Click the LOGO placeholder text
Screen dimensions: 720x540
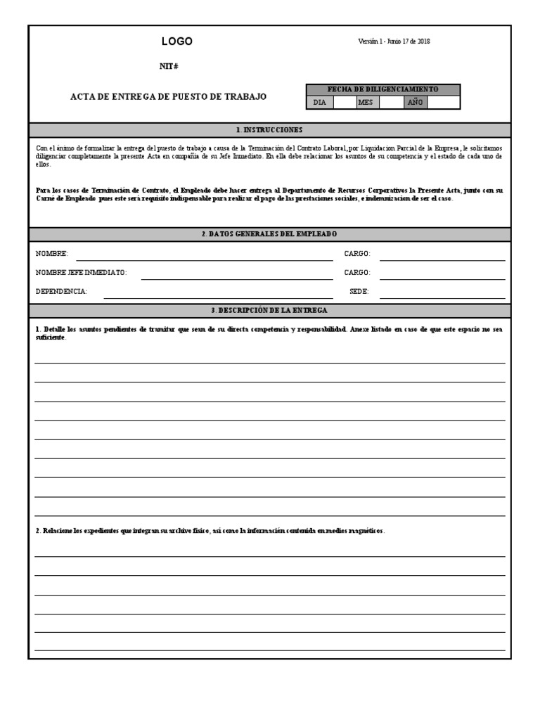coord(176,41)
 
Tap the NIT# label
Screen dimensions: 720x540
coord(169,66)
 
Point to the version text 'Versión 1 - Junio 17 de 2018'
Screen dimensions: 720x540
coord(394,41)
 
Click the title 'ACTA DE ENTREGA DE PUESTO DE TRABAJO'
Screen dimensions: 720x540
coord(168,96)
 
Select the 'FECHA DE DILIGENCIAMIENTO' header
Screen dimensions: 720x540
coord(382,89)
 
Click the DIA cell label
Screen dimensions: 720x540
coord(320,102)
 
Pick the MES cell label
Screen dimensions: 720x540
coord(366,102)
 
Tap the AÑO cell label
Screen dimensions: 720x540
coord(415,102)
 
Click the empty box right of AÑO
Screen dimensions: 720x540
coord(443,102)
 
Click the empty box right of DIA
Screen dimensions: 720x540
coord(344,102)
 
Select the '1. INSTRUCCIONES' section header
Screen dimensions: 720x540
coord(269,130)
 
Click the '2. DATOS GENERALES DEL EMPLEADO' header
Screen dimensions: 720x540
coord(269,234)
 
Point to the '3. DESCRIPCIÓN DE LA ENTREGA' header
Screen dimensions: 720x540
coord(269,310)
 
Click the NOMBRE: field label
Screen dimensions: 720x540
coord(52,254)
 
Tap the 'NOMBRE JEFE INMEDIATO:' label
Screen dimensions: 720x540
coord(81,273)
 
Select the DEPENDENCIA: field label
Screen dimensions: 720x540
coord(61,291)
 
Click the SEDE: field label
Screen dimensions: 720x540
coord(359,291)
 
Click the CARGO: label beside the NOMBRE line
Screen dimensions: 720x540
coord(357,254)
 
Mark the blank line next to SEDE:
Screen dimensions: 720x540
coord(442,295)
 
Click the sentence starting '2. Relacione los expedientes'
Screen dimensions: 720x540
coord(210,531)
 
